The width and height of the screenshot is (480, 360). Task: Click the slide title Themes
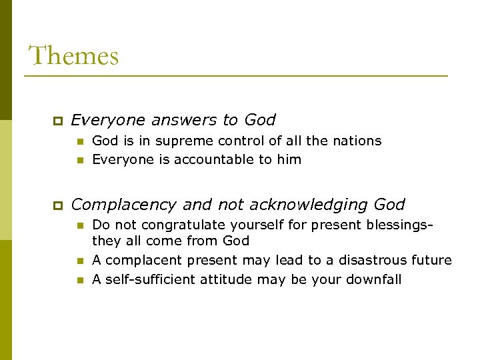click(73, 55)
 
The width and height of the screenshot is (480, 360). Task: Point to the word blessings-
click(396, 225)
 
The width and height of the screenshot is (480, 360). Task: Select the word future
click(431, 260)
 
